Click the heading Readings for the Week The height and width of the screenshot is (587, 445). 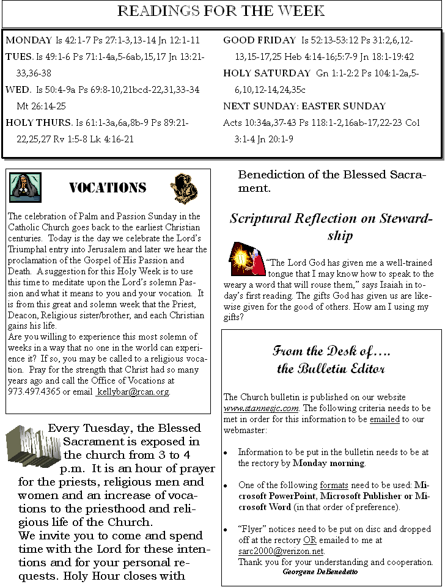point(221,11)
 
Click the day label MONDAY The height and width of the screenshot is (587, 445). point(29,40)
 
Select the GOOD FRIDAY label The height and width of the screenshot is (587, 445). point(259,40)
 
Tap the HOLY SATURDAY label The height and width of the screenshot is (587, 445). point(267,73)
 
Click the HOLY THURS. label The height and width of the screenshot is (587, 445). point(39,123)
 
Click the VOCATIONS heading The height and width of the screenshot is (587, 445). point(107,188)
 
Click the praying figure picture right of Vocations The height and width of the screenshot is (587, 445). point(183,188)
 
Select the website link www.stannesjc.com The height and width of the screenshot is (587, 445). point(261,408)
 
